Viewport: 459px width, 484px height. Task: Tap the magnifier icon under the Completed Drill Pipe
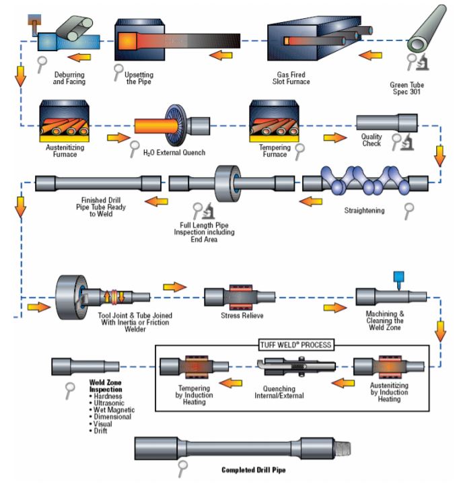181,466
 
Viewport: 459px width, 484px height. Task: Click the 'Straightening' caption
364,211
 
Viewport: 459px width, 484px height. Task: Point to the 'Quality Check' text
371,139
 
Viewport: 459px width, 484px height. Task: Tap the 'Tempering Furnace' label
275,151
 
